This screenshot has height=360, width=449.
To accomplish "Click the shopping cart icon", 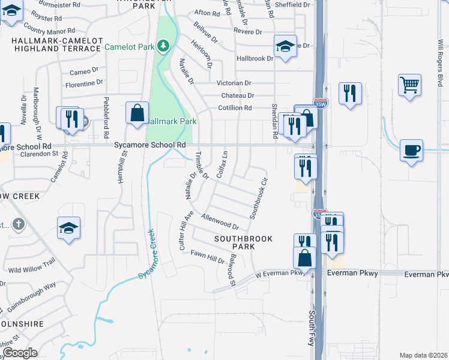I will (x=409, y=85).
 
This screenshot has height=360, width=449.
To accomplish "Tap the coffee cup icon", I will (x=411, y=150).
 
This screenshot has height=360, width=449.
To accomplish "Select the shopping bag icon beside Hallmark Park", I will (x=137, y=112).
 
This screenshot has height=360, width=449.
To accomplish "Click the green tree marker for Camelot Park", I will (x=162, y=46).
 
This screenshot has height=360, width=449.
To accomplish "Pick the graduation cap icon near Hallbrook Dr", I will (x=286, y=46).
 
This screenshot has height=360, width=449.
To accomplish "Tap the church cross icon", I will (x=19, y=224).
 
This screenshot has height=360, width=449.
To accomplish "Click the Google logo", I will (x=19, y=353).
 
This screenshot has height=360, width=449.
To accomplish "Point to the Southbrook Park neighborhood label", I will (x=244, y=243).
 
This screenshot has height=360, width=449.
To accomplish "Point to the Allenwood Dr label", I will (x=220, y=221).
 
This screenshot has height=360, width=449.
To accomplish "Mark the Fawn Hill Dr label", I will (x=207, y=256).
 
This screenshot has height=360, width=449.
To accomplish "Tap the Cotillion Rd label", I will (x=235, y=107).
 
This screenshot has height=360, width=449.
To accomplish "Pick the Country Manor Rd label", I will (x=50, y=31).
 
